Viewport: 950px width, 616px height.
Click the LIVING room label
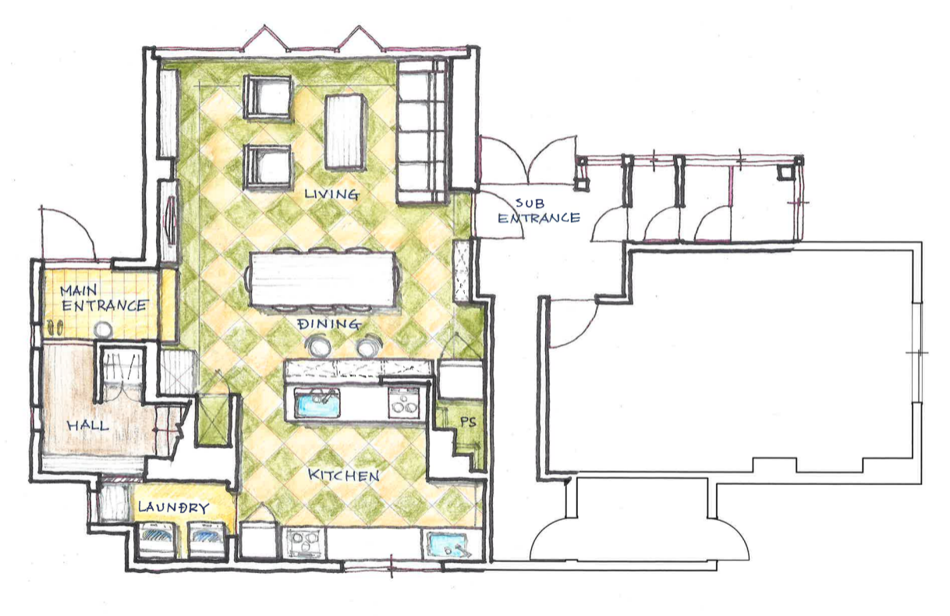tap(332, 194)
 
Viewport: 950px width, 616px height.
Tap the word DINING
tap(329, 324)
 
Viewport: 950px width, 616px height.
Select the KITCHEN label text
tap(343, 475)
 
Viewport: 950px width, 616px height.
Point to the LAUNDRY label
tap(174, 508)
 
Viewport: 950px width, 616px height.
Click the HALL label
tap(88, 425)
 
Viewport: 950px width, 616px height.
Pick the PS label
tap(468, 422)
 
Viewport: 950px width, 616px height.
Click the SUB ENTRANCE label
tap(539, 211)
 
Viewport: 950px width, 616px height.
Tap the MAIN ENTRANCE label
tap(104, 298)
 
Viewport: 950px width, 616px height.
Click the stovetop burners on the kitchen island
tap(404, 402)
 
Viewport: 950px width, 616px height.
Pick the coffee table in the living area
tap(346, 132)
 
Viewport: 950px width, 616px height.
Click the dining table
tap(323, 279)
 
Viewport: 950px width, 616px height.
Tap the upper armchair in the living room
tap(268, 97)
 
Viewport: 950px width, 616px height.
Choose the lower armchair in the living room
tap(268, 167)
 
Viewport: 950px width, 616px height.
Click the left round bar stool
tap(318, 345)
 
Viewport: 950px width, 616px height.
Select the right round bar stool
tap(369, 345)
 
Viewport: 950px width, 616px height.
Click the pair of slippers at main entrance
tap(55, 327)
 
